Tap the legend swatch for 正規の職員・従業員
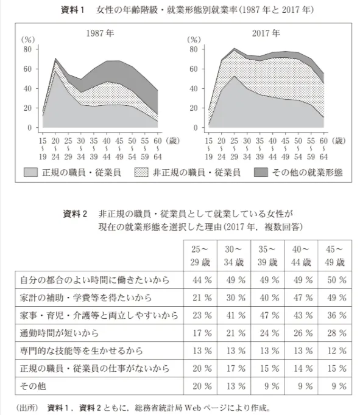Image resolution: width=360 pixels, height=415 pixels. click(x=32, y=173)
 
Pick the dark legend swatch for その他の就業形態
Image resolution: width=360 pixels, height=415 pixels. click(x=261, y=173)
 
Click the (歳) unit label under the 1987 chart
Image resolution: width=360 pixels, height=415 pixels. click(x=173, y=141)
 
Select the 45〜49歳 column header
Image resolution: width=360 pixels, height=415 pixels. click(x=335, y=256)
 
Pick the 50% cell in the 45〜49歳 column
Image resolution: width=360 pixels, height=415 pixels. click(x=335, y=281)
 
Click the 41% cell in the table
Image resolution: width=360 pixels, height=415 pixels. click(x=234, y=316)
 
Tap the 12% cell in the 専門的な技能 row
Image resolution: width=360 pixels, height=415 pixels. click(x=335, y=351)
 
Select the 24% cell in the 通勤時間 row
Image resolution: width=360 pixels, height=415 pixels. click(x=267, y=333)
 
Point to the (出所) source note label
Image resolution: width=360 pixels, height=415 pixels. click(x=24, y=407)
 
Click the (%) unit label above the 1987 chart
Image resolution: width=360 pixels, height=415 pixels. click(x=28, y=38)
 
